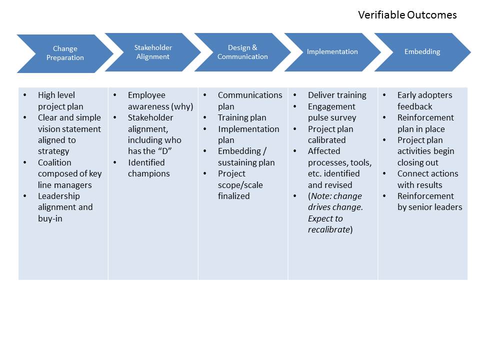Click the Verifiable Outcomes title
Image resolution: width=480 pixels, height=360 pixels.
pyautogui.click(x=407, y=15)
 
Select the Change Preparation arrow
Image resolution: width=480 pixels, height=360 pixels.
pyautogui.click(x=65, y=53)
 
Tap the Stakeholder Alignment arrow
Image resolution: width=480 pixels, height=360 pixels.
pyautogui.click(x=153, y=52)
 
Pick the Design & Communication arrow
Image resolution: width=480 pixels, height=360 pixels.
pyautogui.click(x=242, y=52)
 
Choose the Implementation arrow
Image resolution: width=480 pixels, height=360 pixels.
pyautogui.click(x=332, y=52)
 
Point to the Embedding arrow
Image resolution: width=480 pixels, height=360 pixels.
pyautogui.click(x=422, y=52)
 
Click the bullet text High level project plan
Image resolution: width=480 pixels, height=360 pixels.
pyautogui.click(x=61, y=100)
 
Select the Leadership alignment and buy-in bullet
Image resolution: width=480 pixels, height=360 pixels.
pyautogui.click(x=65, y=207)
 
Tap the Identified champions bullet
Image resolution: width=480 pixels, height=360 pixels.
pyautogui.click(x=148, y=168)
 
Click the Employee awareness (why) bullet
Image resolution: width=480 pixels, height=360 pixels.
pyautogui.click(x=160, y=100)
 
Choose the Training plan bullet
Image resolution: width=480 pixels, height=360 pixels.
pyautogui.click(x=242, y=117)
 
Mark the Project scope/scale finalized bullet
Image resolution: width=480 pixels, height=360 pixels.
pyautogui.click(x=240, y=184)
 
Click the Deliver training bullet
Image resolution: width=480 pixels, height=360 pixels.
pyautogui.click(x=337, y=95)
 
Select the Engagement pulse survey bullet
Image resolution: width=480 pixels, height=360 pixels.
pyautogui.click(x=332, y=112)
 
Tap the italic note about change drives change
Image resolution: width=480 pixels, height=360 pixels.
pyautogui.click(x=334, y=212)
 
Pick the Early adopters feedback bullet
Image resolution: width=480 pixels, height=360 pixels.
pyautogui.click(x=424, y=100)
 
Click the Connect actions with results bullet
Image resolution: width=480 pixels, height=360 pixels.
pyautogui.click(x=427, y=179)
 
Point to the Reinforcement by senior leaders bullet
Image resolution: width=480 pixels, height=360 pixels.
pyautogui.click(x=429, y=201)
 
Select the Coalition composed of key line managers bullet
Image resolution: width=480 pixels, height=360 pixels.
pyautogui.click(x=69, y=173)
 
